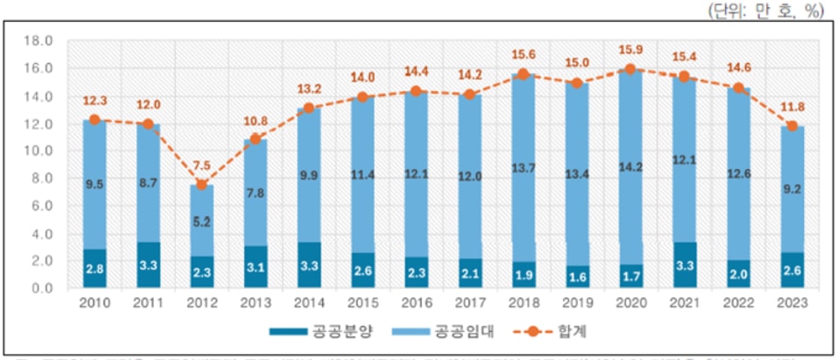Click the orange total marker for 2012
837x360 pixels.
(201, 185)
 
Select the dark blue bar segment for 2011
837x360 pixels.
(148, 265)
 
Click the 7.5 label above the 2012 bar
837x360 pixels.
(201, 166)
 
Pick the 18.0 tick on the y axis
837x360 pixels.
(43, 40)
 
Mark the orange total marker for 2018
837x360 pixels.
(522, 74)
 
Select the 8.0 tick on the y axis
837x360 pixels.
(43, 178)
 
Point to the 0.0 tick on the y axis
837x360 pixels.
(43, 288)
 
